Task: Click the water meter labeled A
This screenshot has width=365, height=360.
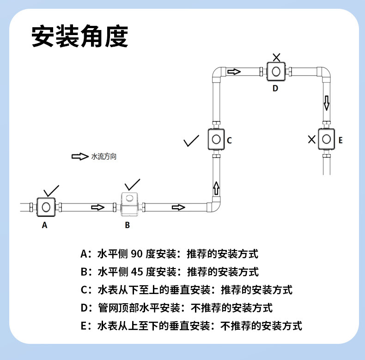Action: [x=46, y=207]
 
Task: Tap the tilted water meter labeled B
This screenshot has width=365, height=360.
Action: [x=129, y=204]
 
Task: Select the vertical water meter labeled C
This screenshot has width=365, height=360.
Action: [x=216, y=139]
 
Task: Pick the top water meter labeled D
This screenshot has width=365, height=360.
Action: [x=276, y=72]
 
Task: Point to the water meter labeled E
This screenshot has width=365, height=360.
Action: [x=326, y=139]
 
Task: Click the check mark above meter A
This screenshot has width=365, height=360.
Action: [x=51, y=191]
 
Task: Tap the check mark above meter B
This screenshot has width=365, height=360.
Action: [x=132, y=185]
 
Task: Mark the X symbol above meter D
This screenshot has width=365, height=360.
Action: [x=277, y=57]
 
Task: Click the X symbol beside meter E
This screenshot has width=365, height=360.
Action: [x=312, y=139]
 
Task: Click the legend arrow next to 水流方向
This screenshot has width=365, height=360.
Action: [x=80, y=156]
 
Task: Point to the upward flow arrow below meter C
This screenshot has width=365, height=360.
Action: [x=216, y=188]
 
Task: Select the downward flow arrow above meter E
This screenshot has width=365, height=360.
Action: [x=327, y=103]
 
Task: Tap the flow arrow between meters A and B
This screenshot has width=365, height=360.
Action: [x=98, y=207]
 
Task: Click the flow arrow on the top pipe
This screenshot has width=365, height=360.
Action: [x=234, y=72]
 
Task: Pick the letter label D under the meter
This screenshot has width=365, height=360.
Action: [x=275, y=88]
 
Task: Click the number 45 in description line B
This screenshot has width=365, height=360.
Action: [x=137, y=272]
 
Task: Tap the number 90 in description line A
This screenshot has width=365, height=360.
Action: [x=137, y=254]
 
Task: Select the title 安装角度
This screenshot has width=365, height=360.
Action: [x=80, y=36]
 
